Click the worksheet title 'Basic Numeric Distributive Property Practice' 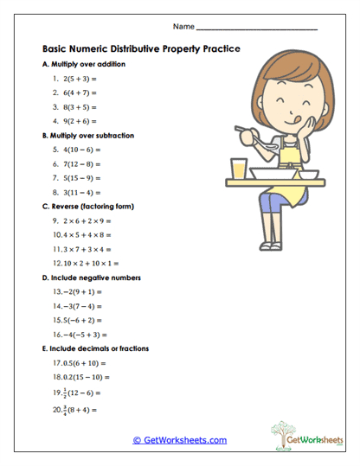pyautogui.click(x=141, y=49)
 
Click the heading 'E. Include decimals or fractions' pyautogui.click(x=95, y=348)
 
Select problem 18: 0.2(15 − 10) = pyautogui.click(x=82, y=377)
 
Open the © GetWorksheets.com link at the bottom pyautogui.click(x=180, y=440)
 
